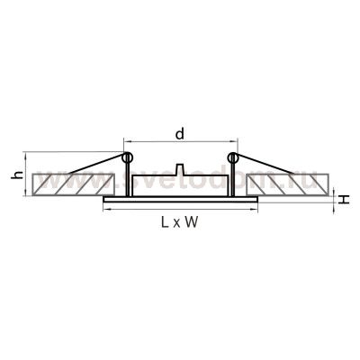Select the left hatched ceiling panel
pyautogui.click(x=67, y=184)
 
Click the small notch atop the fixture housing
pyautogui.click(x=181, y=171)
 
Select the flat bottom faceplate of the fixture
pyautogui.click(x=180, y=198)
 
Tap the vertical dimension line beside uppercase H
pyautogui.click(x=334, y=196)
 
